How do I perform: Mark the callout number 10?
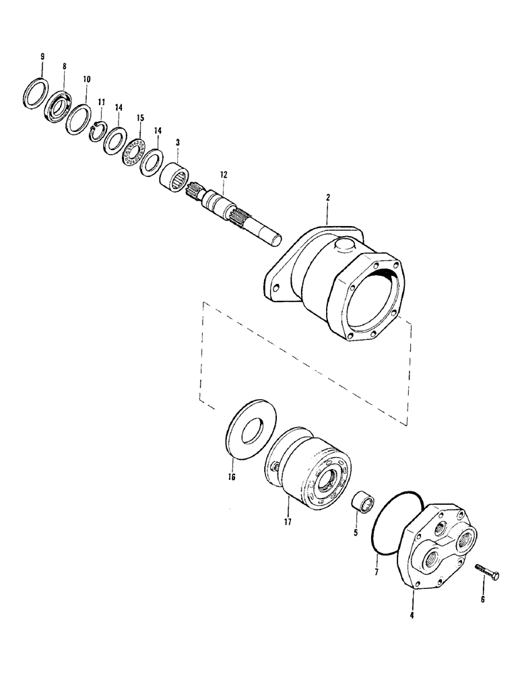[x=86, y=78]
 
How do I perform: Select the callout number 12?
[x=223, y=175]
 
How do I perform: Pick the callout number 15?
[x=140, y=118]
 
